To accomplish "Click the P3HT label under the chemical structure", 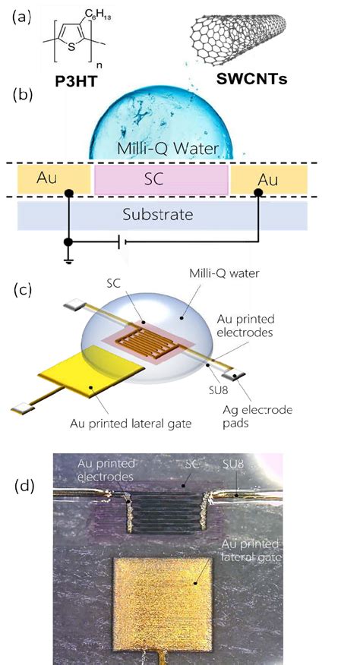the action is click(x=75, y=81).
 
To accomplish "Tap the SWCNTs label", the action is click(x=251, y=77).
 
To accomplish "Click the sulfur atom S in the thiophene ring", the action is click(x=71, y=47).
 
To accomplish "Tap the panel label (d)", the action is click(x=25, y=487).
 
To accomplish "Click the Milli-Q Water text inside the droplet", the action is click(x=168, y=149).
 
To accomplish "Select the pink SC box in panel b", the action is click(x=161, y=180).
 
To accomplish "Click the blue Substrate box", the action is click(x=163, y=216).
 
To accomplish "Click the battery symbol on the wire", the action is click(x=122, y=242).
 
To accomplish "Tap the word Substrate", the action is click(x=157, y=215).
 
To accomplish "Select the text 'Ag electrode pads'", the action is click(x=257, y=417).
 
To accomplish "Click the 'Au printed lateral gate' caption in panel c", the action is click(x=131, y=423).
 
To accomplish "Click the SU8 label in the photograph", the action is click(x=233, y=465).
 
